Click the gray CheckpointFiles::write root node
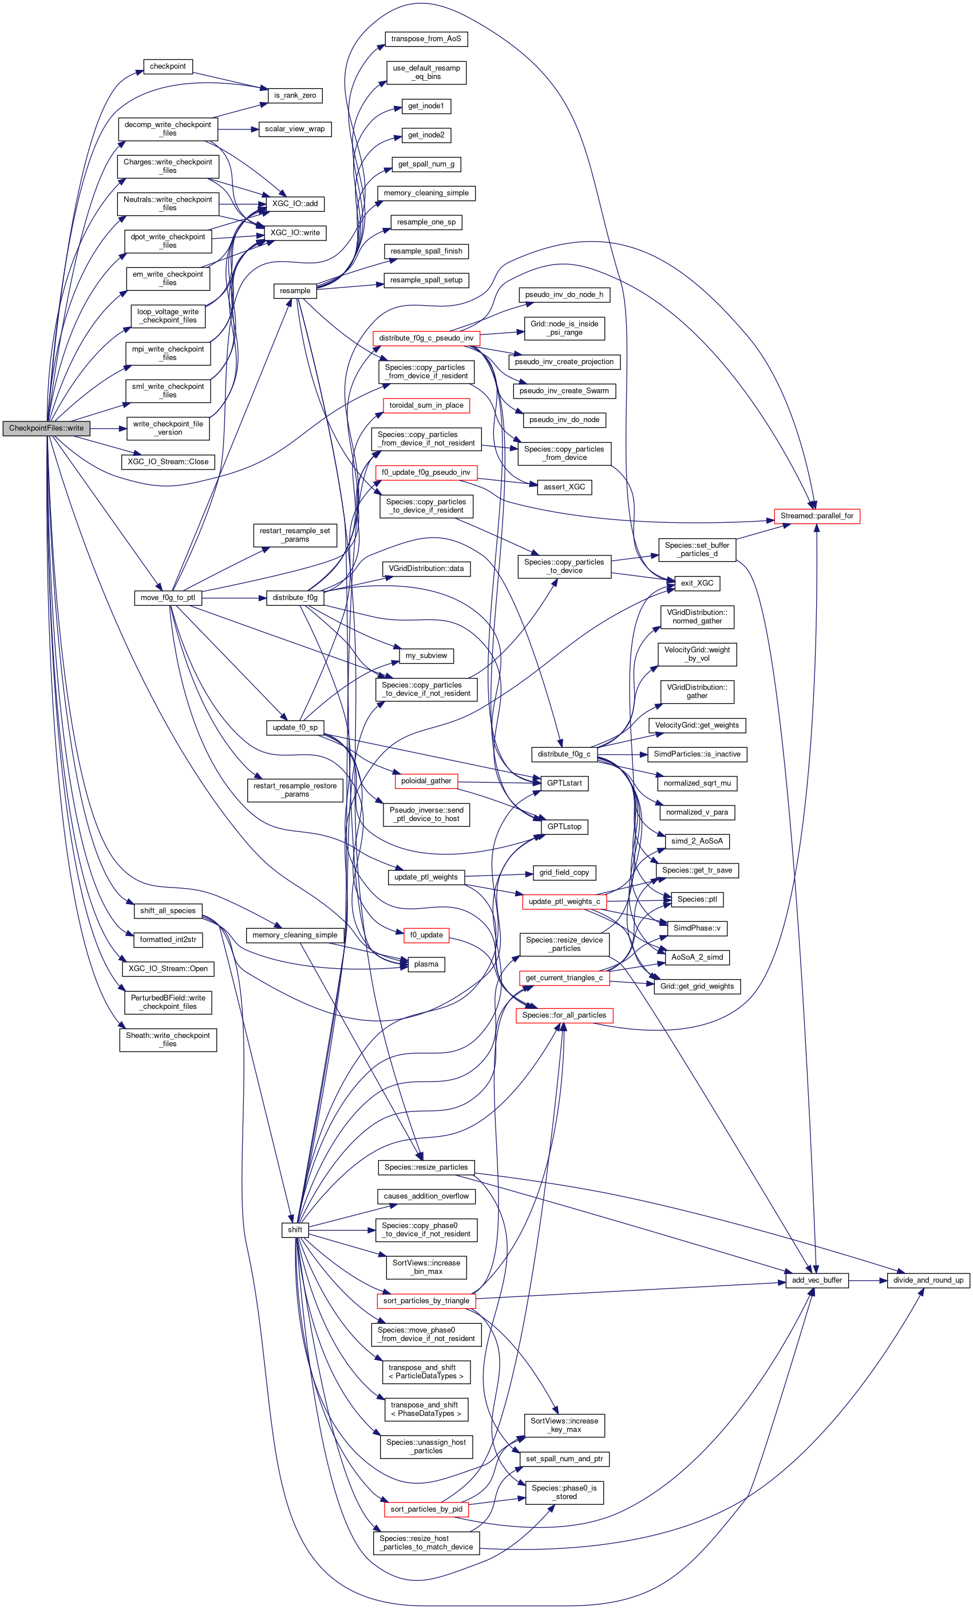tap(46, 428)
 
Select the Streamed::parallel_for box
tap(816, 516)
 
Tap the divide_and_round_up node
tap(927, 1280)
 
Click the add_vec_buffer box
tap(816, 1280)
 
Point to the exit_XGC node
tap(697, 583)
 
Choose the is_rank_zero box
tap(295, 96)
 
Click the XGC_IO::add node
tap(295, 204)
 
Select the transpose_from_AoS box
tap(425, 39)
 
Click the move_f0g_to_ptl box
tap(168, 597)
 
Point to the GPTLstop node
tap(564, 827)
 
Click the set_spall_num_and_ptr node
tap(564, 1459)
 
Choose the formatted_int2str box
tap(168, 940)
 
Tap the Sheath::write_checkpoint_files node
tap(168, 1040)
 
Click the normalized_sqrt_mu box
tap(697, 783)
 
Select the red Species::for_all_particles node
tap(564, 1015)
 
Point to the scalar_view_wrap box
tap(294, 129)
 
